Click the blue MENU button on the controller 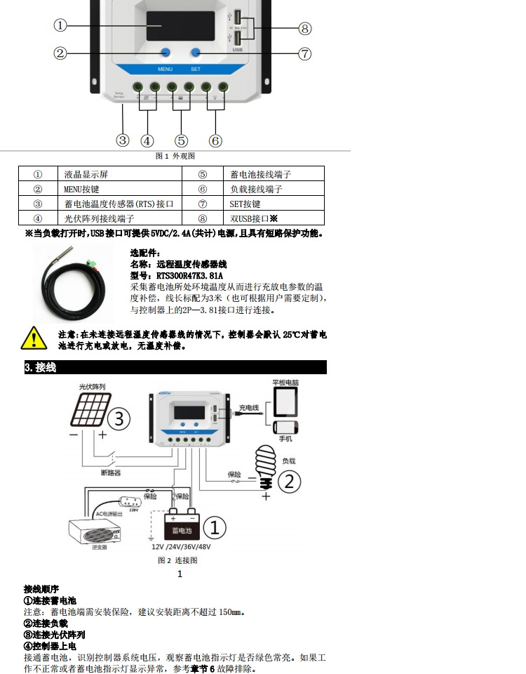[166, 53]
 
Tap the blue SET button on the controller [196, 53]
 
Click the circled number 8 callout [304, 28]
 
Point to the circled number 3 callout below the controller [123, 140]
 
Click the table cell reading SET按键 [245, 204]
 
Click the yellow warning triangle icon [34, 338]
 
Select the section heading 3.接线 [41, 367]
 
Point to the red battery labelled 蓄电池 [182, 527]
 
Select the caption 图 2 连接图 [177, 560]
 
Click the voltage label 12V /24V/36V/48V [181, 546]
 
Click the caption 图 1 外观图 [175, 156]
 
